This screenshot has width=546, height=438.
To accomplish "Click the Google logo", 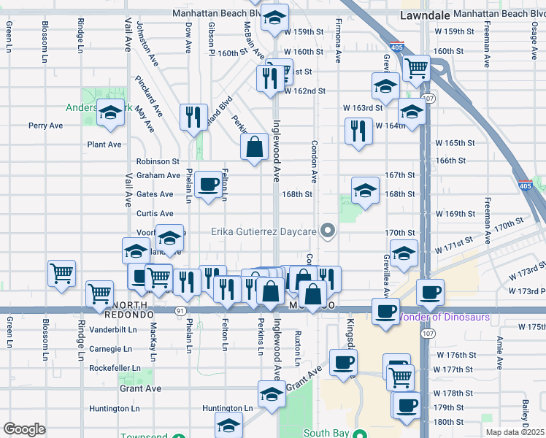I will coord(24,429).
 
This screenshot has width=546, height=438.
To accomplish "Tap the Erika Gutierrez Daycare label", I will coord(264,232).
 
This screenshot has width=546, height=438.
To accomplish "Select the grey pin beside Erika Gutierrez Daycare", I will coord(328,232).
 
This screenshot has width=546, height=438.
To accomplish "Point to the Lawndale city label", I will coord(424,14).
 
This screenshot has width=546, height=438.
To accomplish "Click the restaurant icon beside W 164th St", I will coord(358,131).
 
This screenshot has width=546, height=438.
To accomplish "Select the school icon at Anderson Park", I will coord(111,113).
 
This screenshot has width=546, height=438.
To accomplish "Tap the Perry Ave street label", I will coord(46,126).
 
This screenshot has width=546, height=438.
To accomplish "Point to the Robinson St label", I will coord(158,161).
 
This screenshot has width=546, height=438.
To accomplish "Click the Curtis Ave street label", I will coord(155,214).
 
